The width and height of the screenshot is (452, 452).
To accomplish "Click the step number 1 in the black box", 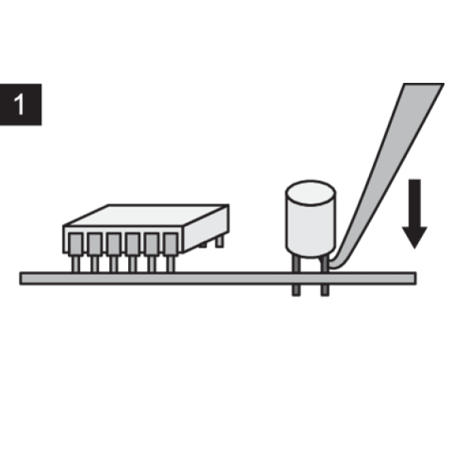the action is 19,105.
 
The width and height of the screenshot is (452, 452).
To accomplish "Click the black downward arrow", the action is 414,214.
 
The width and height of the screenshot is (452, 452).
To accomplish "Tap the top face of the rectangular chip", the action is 146,215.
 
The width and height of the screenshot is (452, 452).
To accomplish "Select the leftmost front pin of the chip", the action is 75,252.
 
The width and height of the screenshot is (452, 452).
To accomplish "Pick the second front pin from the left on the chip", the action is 95,252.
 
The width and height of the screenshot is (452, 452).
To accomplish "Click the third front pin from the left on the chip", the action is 114,252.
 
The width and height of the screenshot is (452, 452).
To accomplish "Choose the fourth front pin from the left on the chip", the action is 133,252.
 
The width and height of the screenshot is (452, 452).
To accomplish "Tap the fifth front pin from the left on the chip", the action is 151,252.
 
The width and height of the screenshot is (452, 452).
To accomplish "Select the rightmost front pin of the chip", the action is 171,252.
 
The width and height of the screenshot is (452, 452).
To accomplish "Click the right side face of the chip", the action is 206,228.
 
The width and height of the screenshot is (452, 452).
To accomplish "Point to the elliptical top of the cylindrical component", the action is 310,193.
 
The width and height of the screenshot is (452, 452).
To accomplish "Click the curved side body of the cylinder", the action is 310,229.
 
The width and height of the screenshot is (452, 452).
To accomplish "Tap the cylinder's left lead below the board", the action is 296,290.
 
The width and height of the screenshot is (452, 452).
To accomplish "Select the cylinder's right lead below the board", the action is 325,290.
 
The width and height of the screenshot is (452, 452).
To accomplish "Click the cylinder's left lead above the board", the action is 296,264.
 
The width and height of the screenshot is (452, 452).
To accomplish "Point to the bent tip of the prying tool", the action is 335,264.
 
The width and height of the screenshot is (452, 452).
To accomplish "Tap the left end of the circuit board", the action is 21,278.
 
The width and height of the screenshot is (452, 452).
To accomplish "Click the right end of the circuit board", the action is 415,278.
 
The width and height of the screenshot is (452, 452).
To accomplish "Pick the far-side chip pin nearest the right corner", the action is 219,242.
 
